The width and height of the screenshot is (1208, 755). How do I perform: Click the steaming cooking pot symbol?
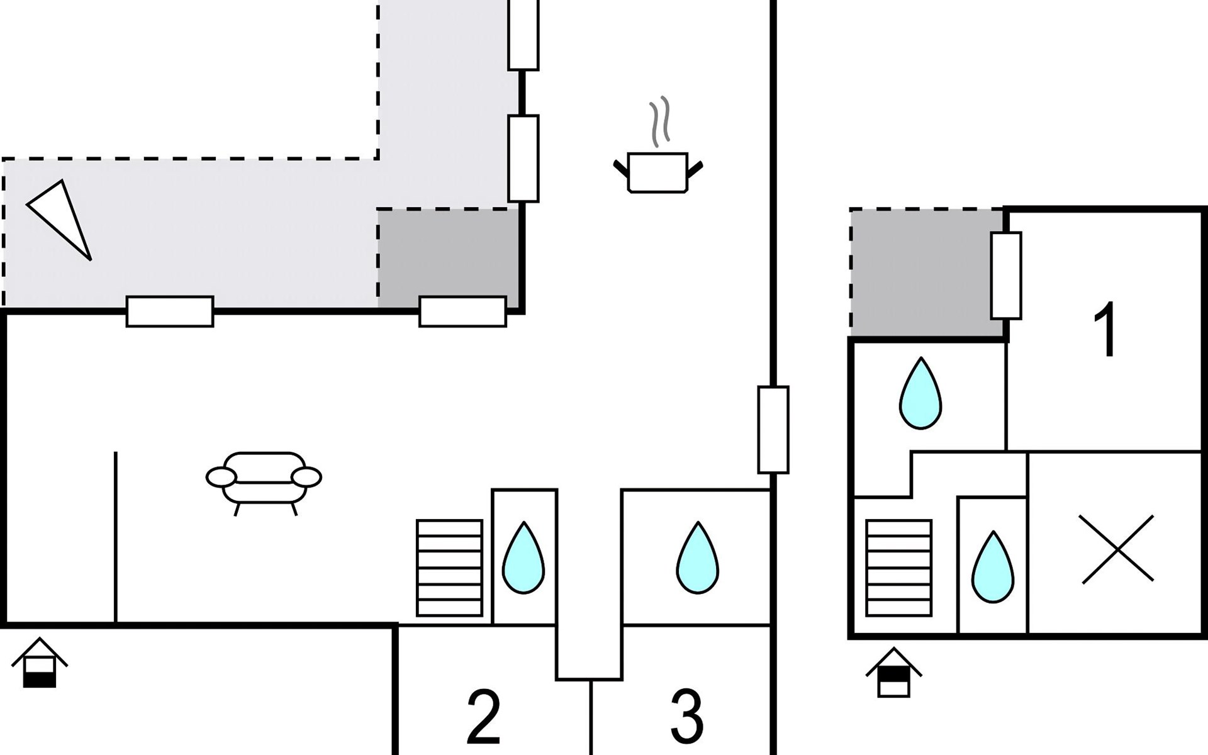tap(657, 171)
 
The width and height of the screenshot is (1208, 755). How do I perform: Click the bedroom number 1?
tap(1105, 329)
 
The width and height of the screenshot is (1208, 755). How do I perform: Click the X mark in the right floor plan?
tap(1116, 549)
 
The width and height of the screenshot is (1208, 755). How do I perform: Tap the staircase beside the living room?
tap(449, 568)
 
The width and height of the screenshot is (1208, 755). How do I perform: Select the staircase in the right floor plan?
tap(898, 568)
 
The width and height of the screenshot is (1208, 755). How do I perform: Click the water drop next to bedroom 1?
tap(920, 394)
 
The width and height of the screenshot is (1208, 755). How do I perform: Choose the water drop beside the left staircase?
tap(523, 558)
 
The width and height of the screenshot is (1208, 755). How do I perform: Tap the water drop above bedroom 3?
tap(697, 558)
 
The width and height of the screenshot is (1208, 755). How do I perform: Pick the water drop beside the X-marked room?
tap(992, 568)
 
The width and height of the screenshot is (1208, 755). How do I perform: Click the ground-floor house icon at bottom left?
tap(40, 663)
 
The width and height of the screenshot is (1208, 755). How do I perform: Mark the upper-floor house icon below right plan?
tap(893, 673)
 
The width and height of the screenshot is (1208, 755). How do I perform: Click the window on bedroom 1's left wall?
tap(1006, 276)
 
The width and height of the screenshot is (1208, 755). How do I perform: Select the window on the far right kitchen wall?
tap(773, 430)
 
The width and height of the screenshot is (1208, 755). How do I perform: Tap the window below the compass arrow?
tap(170, 311)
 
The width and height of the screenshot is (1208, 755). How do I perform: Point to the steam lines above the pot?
tap(659, 121)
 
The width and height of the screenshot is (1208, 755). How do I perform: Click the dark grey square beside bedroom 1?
tap(926, 273)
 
